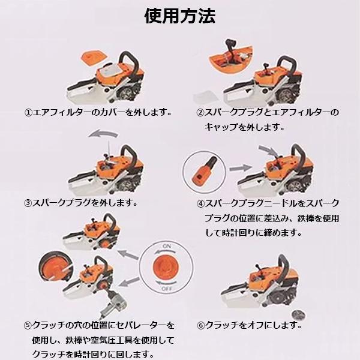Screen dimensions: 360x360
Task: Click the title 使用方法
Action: coord(180,16)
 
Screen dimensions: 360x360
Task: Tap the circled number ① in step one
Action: coord(28,113)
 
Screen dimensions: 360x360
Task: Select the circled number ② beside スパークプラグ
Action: coord(200,113)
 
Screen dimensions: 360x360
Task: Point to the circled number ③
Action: coord(28,203)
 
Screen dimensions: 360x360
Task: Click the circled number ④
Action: coord(200,203)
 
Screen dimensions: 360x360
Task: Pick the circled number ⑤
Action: coord(28,325)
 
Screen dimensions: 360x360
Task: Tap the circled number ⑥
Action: coord(200,325)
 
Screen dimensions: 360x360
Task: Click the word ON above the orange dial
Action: coord(166,247)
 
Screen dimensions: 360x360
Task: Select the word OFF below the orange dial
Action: coord(167,289)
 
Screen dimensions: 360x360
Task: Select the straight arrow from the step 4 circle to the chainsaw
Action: coord(240,168)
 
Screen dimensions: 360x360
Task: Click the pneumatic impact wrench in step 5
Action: coord(113,304)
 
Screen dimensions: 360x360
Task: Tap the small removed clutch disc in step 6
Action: coord(298,314)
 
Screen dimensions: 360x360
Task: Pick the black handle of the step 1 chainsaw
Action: coord(129,60)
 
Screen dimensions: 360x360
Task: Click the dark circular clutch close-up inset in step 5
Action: coord(55,266)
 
